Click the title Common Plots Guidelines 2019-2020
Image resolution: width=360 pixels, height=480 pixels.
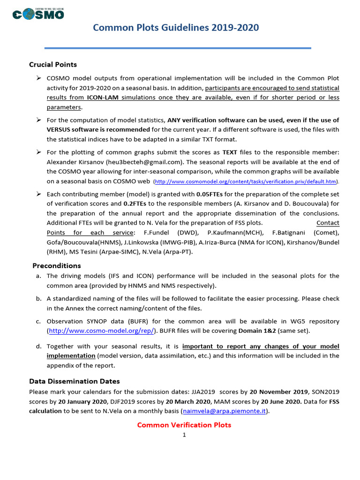point(176,28)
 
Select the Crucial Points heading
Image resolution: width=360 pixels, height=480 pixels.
point(53,65)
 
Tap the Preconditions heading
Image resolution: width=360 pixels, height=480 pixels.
point(56,266)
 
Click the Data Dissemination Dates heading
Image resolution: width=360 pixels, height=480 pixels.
point(75,381)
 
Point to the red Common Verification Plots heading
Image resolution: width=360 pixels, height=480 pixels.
point(184,425)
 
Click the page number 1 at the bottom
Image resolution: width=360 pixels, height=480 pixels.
point(185,435)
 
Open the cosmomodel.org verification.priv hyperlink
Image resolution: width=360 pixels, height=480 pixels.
point(245,182)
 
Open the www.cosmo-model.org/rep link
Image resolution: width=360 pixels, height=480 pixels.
point(102,331)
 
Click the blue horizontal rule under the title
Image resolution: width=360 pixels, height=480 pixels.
point(178,48)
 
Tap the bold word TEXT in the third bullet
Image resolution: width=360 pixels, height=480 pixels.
point(230,152)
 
